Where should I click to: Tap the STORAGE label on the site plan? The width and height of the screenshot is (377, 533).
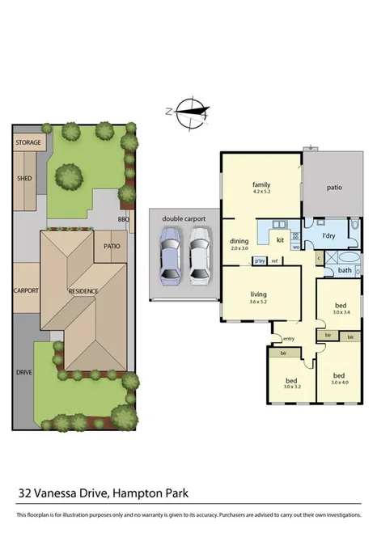point(28,143)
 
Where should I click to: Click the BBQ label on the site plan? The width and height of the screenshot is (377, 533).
point(124,218)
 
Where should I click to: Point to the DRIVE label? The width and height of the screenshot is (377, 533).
point(25,373)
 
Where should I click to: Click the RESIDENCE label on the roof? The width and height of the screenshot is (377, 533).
point(83,291)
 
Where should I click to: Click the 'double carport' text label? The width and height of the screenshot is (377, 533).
point(184,218)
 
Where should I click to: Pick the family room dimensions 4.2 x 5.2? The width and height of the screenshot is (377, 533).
point(261,192)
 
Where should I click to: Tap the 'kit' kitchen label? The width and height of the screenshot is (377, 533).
point(280,240)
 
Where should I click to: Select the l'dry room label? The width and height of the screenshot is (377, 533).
point(328,235)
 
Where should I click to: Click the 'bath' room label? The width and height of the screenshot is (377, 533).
point(345,271)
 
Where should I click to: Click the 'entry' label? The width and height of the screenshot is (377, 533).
point(289,338)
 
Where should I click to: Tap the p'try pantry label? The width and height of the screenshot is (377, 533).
point(259,260)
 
